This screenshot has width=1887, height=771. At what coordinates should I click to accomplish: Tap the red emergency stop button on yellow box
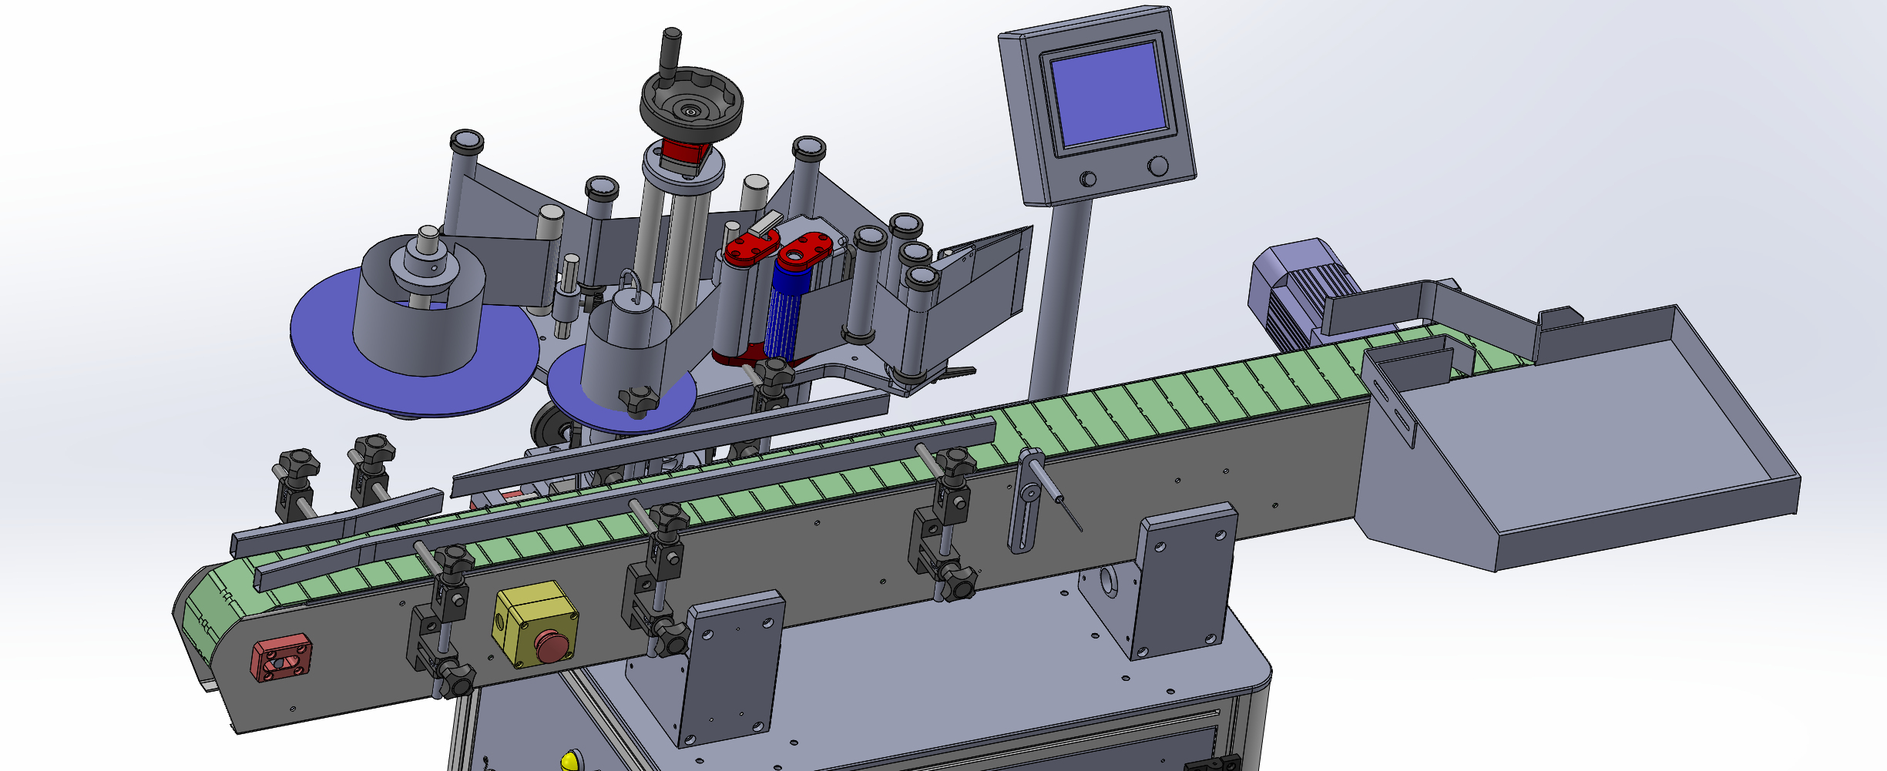click(552, 645)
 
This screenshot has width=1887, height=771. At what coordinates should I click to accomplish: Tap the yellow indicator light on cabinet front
click(569, 761)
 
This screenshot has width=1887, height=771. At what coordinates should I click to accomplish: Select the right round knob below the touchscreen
click(1157, 166)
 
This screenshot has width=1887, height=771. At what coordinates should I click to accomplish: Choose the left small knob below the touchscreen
click(1088, 179)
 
